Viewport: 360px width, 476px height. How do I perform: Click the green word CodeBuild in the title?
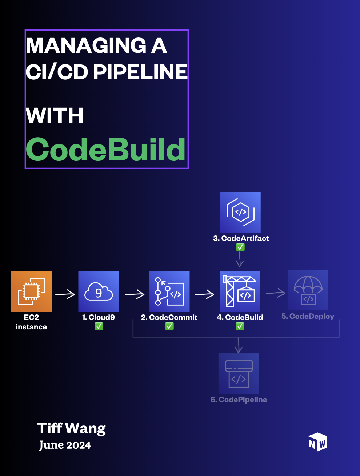pyautogui.click(x=105, y=150)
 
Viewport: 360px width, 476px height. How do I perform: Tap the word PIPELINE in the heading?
pyautogui.click(x=140, y=72)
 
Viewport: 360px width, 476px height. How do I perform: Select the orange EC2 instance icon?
pyautogui.click(x=31, y=291)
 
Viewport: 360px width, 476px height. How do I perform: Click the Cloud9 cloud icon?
pyautogui.click(x=99, y=291)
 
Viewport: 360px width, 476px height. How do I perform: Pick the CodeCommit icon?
pyautogui.click(x=169, y=291)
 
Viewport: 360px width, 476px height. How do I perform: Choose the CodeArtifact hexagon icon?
pyautogui.click(x=240, y=212)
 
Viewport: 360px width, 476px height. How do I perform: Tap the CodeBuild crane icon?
pyautogui.click(x=240, y=291)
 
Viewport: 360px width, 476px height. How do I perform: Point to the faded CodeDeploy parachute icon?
pyautogui.click(x=308, y=290)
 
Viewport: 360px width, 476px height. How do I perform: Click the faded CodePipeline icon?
pyautogui.click(x=239, y=373)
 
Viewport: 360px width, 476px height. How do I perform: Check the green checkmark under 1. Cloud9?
pyautogui.click(x=99, y=326)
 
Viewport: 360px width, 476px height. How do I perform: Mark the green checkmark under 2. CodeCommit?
pyautogui.click(x=169, y=326)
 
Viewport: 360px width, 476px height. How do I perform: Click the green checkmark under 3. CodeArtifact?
pyautogui.click(x=240, y=247)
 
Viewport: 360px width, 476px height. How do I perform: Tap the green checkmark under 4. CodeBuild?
pyautogui.click(x=240, y=326)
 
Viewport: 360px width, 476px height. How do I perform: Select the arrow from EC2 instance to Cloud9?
pyautogui.click(x=65, y=294)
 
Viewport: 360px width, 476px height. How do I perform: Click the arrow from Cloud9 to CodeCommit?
pyautogui.click(x=135, y=294)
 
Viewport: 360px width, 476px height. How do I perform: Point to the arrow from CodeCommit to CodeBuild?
pyautogui.click(x=204, y=294)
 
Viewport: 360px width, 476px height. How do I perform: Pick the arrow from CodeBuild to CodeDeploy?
pyautogui.click(x=276, y=293)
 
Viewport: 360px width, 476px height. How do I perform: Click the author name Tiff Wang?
pyautogui.click(x=71, y=428)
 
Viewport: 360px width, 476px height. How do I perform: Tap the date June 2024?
pyautogui.click(x=65, y=445)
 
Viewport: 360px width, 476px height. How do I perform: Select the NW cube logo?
pyautogui.click(x=317, y=442)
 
